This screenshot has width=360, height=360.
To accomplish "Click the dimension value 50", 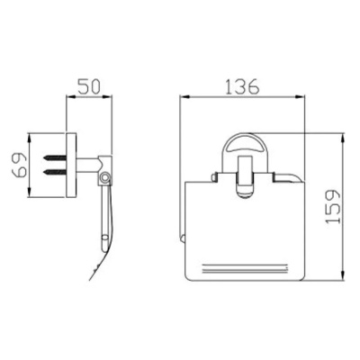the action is (x=89, y=86).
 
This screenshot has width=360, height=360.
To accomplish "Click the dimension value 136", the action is (x=242, y=86).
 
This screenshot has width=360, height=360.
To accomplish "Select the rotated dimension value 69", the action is (x=20, y=165).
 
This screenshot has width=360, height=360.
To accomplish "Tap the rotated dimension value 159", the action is (x=333, y=206).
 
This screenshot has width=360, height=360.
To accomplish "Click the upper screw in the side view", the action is (x=55, y=157).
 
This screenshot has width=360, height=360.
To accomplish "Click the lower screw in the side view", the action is (x=55, y=172).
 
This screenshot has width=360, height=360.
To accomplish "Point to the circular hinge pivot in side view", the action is (x=105, y=177).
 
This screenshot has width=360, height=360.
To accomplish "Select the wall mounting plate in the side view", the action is (x=71, y=165).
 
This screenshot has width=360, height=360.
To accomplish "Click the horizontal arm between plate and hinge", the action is (x=87, y=165).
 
